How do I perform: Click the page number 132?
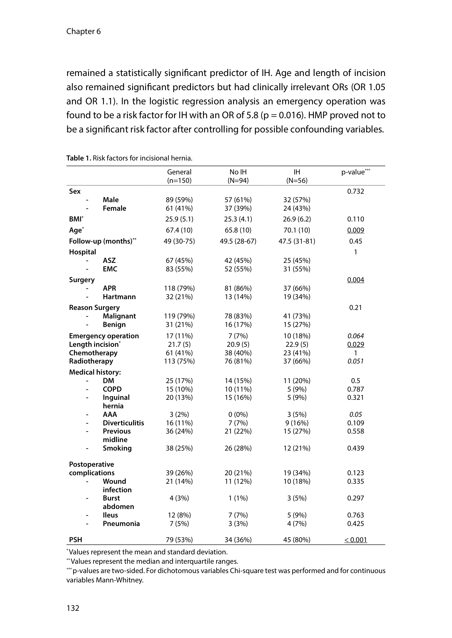(x=73, y=608)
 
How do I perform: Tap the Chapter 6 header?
(x=83, y=31)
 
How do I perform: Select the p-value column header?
(x=356, y=172)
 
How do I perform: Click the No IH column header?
(x=238, y=172)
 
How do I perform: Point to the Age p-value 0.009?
(x=356, y=230)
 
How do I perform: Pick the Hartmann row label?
(x=119, y=297)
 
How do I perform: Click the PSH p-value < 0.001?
(x=356, y=540)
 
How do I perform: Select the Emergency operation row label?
(x=104, y=336)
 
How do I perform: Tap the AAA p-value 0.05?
(x=356, y=415)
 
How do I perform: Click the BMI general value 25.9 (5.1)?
(x=179, y=219)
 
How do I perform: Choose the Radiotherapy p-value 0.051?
(x=356, y=361)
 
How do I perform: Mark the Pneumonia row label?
(x=121, y=524)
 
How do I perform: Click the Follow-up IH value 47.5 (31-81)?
(x=297, y=241)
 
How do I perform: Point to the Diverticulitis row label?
(x=123, y=423)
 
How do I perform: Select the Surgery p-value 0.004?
(x=356, y=280)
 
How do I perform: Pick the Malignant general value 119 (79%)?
(x=179, y=316)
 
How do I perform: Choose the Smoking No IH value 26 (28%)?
(x=238, y=448)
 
